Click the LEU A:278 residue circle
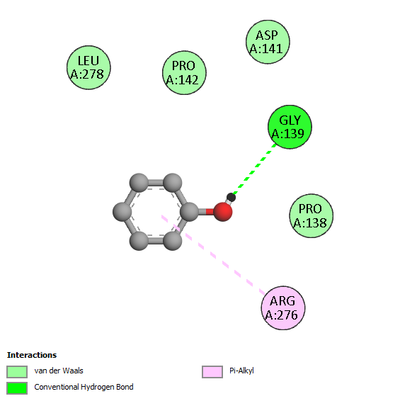click(88, 67)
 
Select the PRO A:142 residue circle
click(184, 73)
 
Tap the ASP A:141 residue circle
click(268, 42)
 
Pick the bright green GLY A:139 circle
click(290, 127)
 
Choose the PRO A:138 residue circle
click(311, 216)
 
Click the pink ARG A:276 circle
click(283, 308)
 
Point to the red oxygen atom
click(222, 212)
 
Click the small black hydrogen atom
click(231, 197)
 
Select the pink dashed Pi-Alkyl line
click(213, 255)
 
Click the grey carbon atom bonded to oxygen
click(189, 212)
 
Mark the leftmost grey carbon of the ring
click(122, 212)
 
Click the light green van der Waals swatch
click(17, 371)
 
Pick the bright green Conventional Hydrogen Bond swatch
click(17, 388)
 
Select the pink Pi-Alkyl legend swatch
click(212, 371)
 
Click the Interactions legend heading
click(32, 355)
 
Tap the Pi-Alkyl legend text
click(241, 371)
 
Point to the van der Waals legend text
click(59, 371)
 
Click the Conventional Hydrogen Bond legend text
click(84, 388)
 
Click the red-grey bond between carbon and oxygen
click(206, 212)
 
